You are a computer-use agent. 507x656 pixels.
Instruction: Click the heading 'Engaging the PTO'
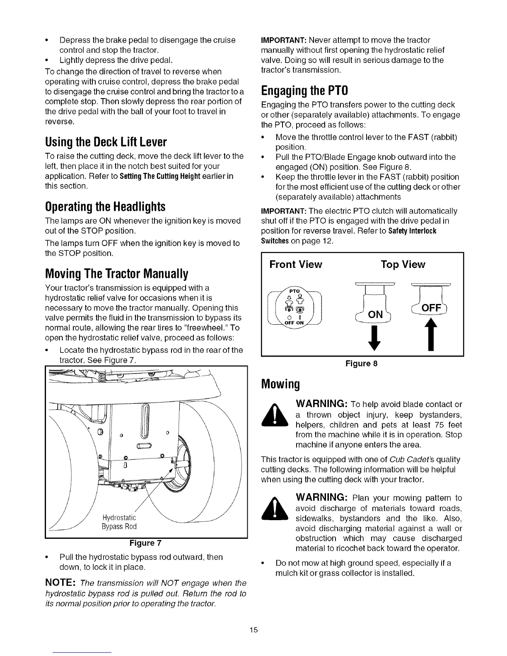(x=304, y=90)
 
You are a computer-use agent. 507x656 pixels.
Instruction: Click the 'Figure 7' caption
(x=146, y=543)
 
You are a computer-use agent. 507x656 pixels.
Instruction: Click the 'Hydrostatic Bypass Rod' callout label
(x=119, y=522)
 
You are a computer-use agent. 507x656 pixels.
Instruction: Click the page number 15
(x=254, y=630)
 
